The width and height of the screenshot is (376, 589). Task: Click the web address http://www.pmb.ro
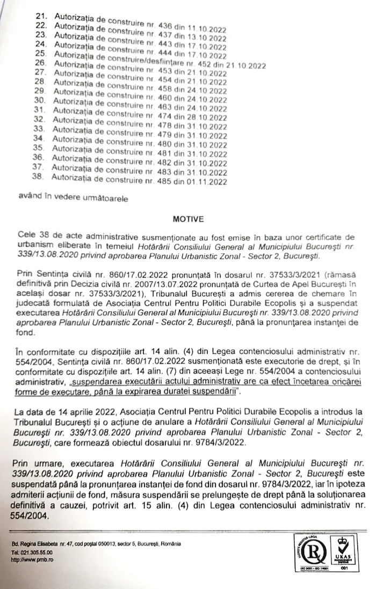coord(32,558)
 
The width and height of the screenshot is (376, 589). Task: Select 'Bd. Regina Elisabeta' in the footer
coord(34,543)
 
